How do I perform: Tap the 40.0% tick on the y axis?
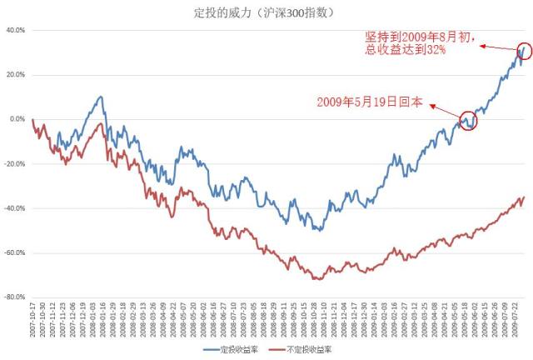click(x=15, y=30)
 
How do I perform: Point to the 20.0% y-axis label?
click(x=15, y=74)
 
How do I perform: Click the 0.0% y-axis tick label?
click(x=17, y=119)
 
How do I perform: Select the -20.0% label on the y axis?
click(x=14, y=163)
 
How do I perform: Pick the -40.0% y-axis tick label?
click(x=14, y=207)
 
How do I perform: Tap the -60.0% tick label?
click(x=14, y=252)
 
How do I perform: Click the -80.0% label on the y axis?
click(x=14, y=297)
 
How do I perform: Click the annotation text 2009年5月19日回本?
click(x=369, y=102)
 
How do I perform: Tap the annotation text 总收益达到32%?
click(x=406, y=50)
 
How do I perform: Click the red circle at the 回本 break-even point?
click(x=468, y=121)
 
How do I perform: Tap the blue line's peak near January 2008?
click(x=101, y=97)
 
